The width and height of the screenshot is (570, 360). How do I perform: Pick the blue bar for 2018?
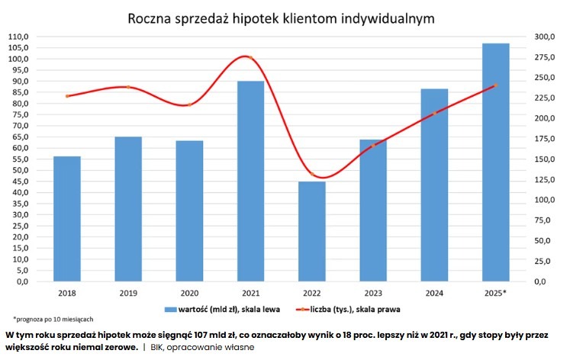pyautogui.click(x=67, y=218)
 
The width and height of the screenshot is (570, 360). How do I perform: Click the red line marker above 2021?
pyautogui.click(x=250, y=58)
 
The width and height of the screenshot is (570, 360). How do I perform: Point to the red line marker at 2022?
pyautogui.click(x=311, y=175)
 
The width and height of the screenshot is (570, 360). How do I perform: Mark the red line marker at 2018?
pyautogui.click(x=67, y=96)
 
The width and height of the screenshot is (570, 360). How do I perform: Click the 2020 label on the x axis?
pyautogui.click(x=189, y=292)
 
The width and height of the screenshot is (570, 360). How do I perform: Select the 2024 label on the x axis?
pyautogui.click(x=434, y=292)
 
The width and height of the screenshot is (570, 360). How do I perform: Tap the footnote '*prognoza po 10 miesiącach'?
pyautogui.click(x=53, y=319)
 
